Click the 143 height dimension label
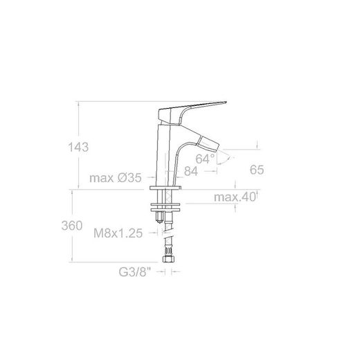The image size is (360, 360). [x=78, y=147]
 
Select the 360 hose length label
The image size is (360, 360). [x=72, y=226]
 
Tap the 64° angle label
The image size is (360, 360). [x=205, y=159]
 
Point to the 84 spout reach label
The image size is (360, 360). [x=191, y=171]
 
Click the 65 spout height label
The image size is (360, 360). [x=257, y=170]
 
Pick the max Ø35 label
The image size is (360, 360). [x=116, y=178]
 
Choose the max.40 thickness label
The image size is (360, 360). [x=235, y=197]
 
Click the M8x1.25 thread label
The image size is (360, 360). [x=118, y=233]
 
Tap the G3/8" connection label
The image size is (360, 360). [x=135, y=272]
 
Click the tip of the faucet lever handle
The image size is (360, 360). [x=226, y=102]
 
